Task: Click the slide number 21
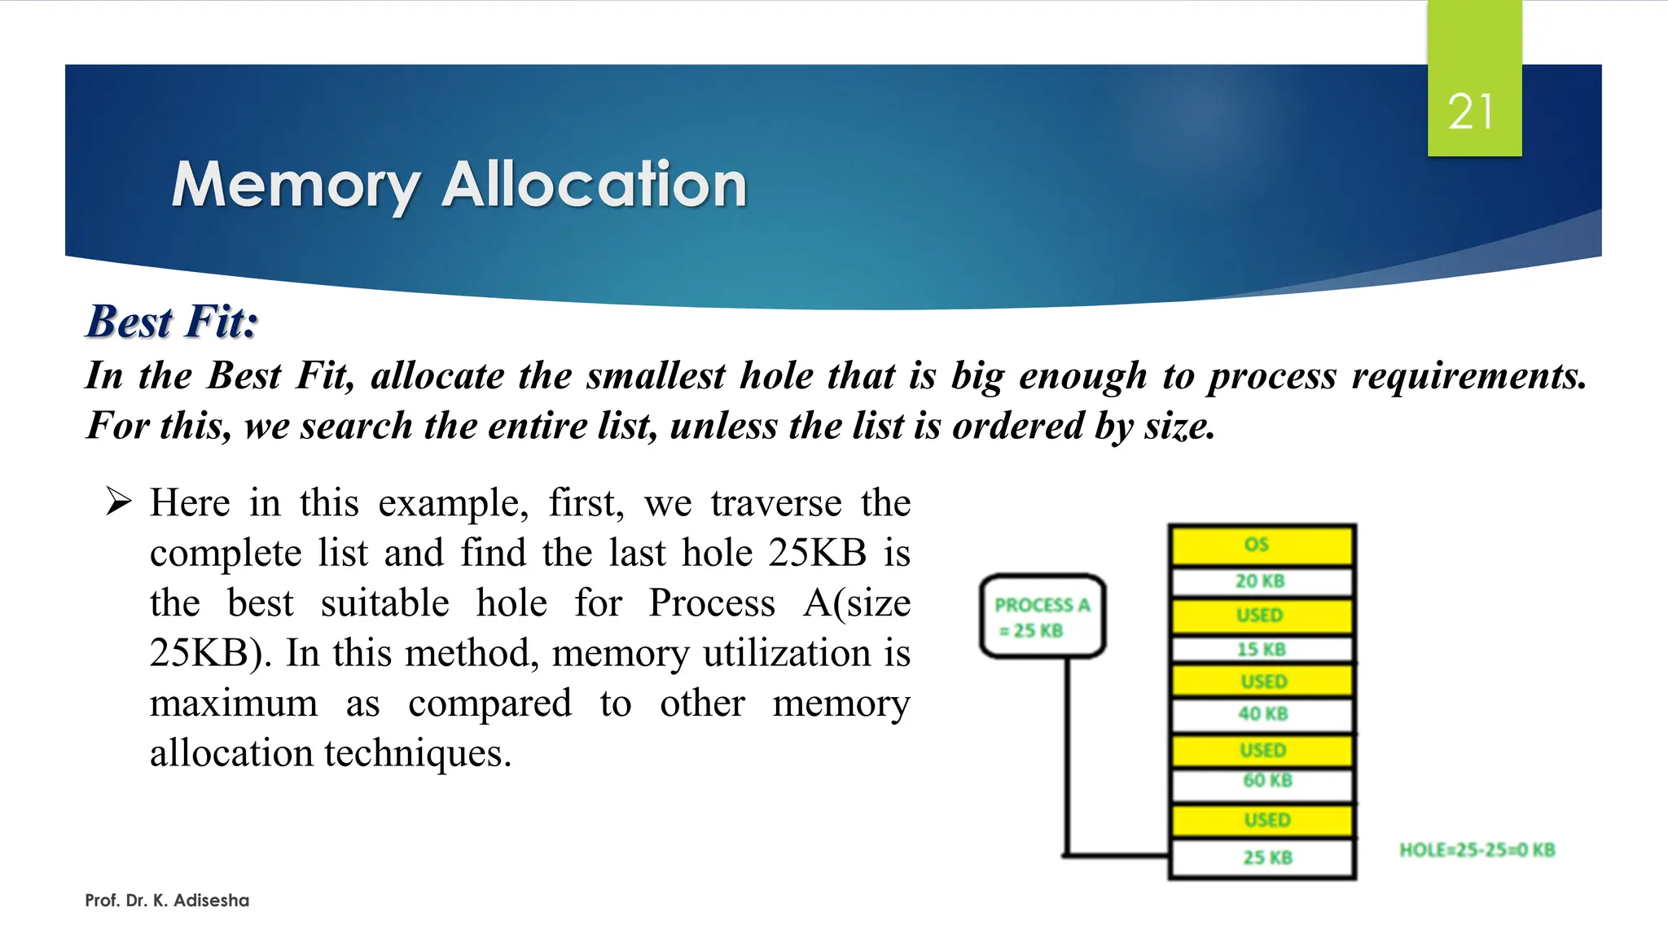[x=1471, y=112]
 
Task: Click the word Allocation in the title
[x=594, y=185]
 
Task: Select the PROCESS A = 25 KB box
[x=1042, y=616]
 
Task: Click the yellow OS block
[x=1260, y=545]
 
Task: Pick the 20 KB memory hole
[x=1260, y=581]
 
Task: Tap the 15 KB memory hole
[x=1261, y=649]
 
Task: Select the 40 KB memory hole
[x=1262, y=714]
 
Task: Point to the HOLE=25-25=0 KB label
[x=1477, y=850]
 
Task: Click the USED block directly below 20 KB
[x=1260, y=616]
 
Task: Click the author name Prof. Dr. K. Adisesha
[x=167, y=901]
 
